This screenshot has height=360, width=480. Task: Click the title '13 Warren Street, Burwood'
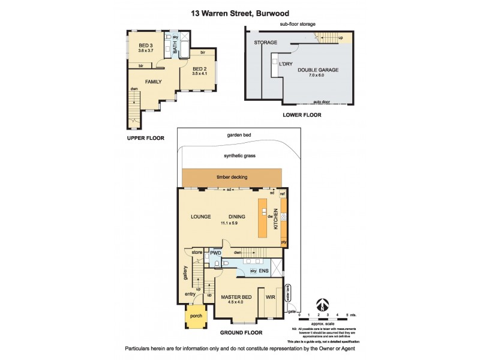[x=239, y=12]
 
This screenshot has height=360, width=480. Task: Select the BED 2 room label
[x=200, y=68]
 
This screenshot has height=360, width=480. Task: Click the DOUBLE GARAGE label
[x=317, y=70]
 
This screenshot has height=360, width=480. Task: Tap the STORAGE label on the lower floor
[x=265, y=43]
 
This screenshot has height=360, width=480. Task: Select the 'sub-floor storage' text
[x=297, y=24]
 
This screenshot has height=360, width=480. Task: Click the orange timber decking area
[x=232, y=177]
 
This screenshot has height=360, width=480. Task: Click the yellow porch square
[x=196, y=316]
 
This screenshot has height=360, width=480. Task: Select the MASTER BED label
[x=235, y=297]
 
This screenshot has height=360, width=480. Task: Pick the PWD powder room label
[x=215, y=254]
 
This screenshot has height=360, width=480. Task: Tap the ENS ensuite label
[x=263, y=271]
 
